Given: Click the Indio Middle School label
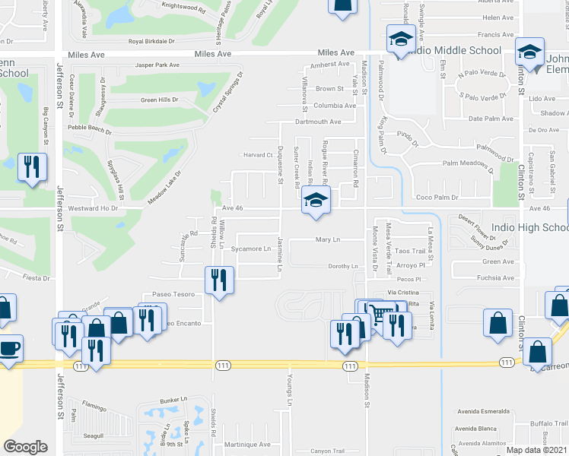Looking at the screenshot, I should (x=454, y=51).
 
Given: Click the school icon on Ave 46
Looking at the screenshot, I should (x=316, y=200).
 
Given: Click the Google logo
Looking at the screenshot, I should (x=25, y=447).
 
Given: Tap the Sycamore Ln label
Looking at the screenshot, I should (x=251, y=249).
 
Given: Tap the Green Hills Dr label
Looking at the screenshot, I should (x=159, y=100).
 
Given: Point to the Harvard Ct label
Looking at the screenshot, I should (x=258, y=155).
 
